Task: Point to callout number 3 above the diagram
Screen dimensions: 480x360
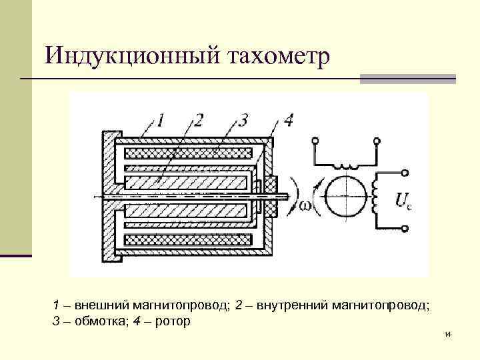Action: (244, 121)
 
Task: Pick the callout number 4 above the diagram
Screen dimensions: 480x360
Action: (288, 121)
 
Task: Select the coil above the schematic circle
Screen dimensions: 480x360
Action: (345, 165)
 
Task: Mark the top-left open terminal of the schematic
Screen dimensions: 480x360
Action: (313, 141)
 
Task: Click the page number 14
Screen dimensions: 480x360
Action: (447, 333)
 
